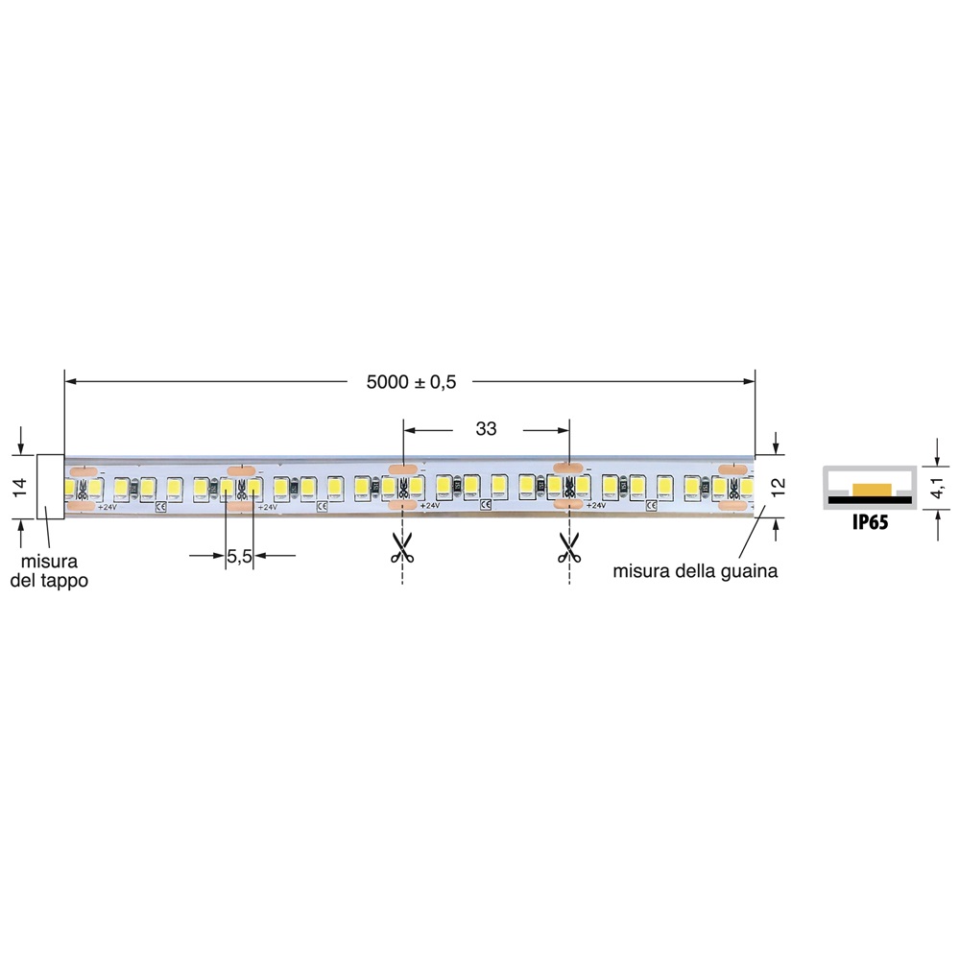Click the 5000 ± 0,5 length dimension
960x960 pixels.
tap(411, 381)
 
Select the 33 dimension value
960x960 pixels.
tap(487, 429)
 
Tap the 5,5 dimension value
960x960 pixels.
tap(239, 555)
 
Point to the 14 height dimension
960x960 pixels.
tap(20, 487)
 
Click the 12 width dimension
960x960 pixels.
tap(779, 486)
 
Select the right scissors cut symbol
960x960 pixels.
tap(569, 548)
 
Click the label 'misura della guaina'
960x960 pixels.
tap(695, 571)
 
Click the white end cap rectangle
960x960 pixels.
tap(50, 486)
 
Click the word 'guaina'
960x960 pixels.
tap(749, 571)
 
